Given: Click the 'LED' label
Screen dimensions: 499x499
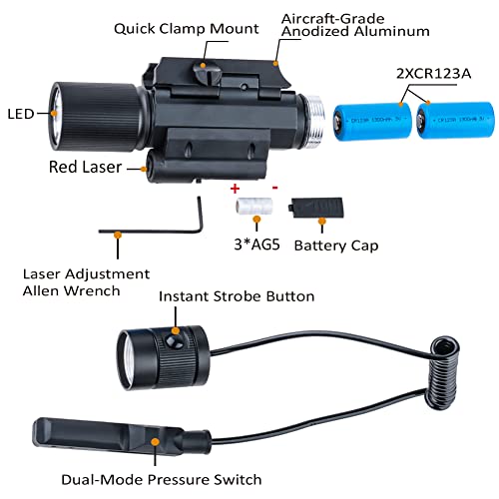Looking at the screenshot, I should pyautogui.click(x=19, y=113).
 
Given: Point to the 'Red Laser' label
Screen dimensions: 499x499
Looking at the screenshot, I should pyautogui.click(x=84, y=167).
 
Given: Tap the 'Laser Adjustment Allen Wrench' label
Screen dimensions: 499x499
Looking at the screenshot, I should pyautogui.click(x=86, y=282).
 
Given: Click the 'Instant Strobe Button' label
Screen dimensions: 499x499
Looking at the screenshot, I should pyautogui.click(x=238, y=296).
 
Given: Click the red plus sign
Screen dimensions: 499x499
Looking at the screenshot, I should pyautogui.click(x=236, y=188).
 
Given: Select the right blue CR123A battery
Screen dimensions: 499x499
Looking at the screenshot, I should pyautogui.click(x=454, y=123).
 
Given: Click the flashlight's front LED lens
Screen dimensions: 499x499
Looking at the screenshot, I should pyautogui.click(x=49, y=113).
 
